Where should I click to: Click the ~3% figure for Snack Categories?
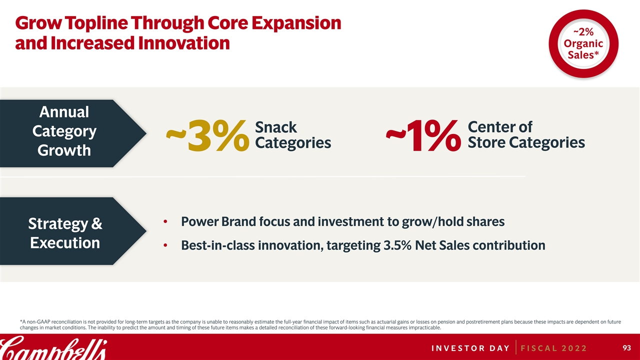click(207, 135)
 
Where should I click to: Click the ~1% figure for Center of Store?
click(423, 135)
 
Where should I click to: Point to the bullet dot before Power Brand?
click(165, 222)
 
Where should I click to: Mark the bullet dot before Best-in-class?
click(165, 245)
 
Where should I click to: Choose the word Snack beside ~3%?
click(276, 127)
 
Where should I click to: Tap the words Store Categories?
click(526, 143)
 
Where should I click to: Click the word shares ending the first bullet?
click(484, 221)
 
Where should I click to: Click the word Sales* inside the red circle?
click(583, 54)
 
